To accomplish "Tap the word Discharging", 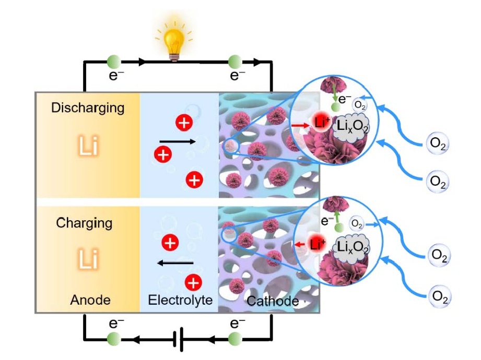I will click(88, 108).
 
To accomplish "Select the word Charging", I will click(84, 223).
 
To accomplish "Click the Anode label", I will click(90, 300).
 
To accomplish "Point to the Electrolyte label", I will click(180, 300).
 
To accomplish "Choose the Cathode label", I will click(273, 301).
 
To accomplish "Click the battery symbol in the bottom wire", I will click(180, 340).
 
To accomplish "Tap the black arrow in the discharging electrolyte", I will click(178, 141).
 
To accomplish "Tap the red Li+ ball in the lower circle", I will click(316, 244).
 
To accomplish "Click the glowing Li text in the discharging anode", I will click(88, 147).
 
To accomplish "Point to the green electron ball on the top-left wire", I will click(114, 62).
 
